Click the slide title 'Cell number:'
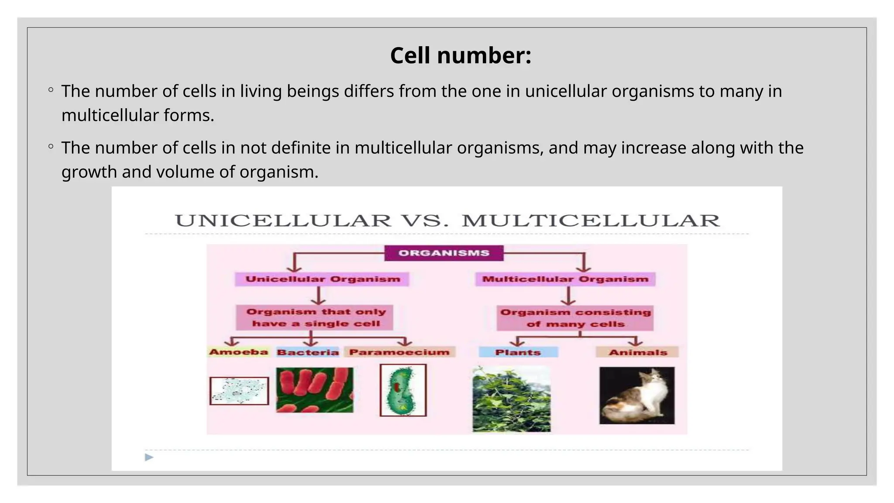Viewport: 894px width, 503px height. [461, 56]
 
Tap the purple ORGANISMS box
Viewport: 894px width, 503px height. [444, 253]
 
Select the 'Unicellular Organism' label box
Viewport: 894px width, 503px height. [322, 279]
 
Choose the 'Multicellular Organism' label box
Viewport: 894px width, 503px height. [565, 279]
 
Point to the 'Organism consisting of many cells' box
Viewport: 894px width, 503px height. [575, 318]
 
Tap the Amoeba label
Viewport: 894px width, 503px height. [238, 352]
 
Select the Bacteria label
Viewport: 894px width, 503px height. [308, 352]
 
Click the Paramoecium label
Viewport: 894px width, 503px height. [399, 352]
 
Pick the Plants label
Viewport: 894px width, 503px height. [518, 352]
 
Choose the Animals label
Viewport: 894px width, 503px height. [638, 352]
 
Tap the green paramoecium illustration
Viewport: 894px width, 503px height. [402, 390]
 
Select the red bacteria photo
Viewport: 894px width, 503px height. [315, 390]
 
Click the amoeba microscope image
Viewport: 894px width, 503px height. [239, 391]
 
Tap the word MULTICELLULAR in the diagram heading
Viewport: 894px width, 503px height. [591, 221]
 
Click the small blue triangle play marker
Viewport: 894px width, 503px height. [149, 457]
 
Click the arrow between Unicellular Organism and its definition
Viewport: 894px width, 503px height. [319, 296]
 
